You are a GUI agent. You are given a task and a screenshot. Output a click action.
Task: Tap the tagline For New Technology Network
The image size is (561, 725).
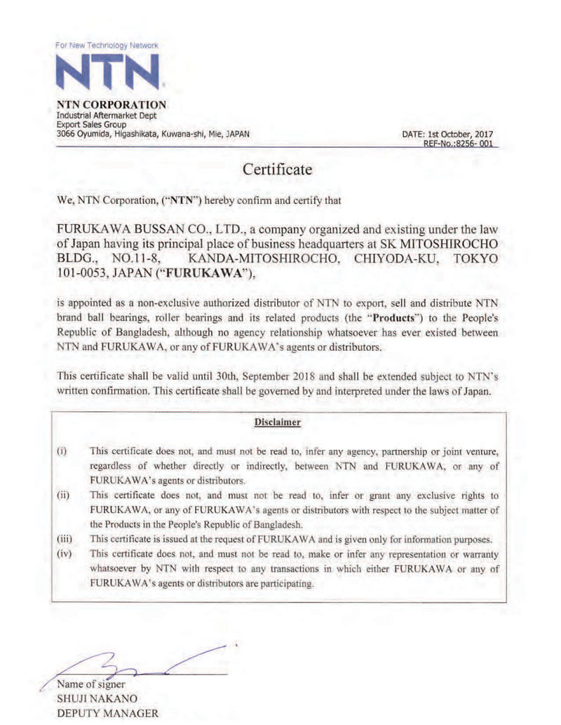107,46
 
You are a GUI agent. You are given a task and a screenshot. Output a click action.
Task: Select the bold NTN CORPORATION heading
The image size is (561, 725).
111,105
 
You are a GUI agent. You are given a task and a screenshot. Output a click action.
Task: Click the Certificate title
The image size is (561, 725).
278,170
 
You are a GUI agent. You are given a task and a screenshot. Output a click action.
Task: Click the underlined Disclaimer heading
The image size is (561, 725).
278,422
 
